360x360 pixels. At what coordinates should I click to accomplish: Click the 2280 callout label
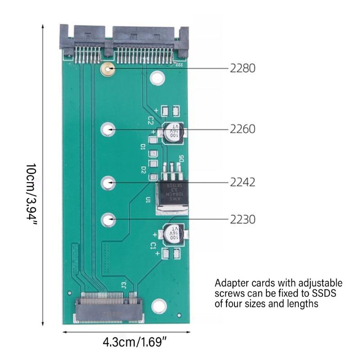[243, 69]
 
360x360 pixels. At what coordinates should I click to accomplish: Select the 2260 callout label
[243, 130]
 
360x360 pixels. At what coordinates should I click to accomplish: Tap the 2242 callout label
[243, 183]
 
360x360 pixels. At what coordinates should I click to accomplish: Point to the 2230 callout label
[243, 220]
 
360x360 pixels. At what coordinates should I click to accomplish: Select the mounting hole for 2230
[108, 220]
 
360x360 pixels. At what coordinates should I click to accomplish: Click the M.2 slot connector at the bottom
[108, 308]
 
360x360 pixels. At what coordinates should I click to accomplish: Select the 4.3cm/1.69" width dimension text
[135, 342]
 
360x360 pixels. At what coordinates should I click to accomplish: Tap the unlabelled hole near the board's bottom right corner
[159, 306]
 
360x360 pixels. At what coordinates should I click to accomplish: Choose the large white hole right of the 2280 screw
[157, 79]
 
